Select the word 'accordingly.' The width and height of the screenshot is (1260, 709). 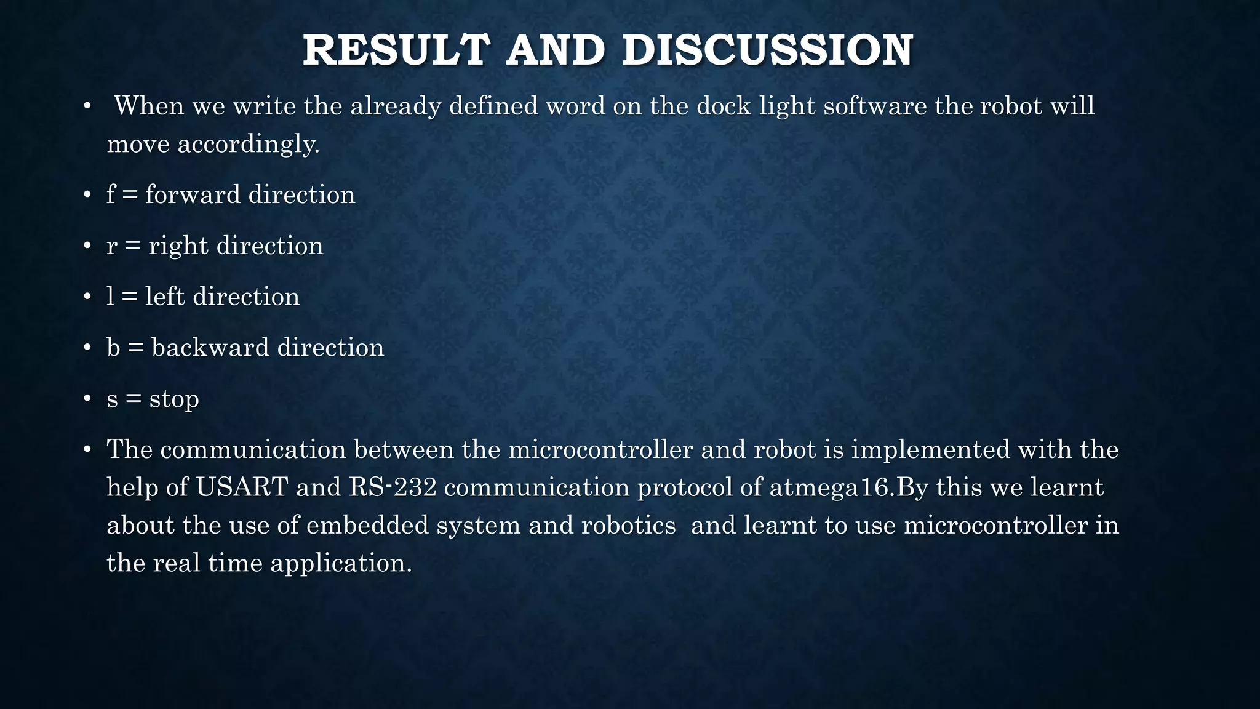pos(249,145)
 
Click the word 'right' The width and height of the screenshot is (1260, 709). pos(178,246)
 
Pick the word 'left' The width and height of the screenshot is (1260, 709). pos(165,297)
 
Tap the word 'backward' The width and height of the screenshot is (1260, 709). pos(210,348)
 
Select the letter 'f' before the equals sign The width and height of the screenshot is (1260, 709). pos(111,195)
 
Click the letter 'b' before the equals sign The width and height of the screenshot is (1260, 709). pos(113,348)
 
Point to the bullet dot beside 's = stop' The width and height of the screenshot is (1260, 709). pos(87,399)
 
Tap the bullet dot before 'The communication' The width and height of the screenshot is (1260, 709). pos(87,450)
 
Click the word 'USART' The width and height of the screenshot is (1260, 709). pos(242,487)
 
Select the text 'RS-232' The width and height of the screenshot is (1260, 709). pos(393,487)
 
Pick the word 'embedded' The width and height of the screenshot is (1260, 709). pos(367,526)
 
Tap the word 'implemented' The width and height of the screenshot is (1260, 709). pos(930,450)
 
